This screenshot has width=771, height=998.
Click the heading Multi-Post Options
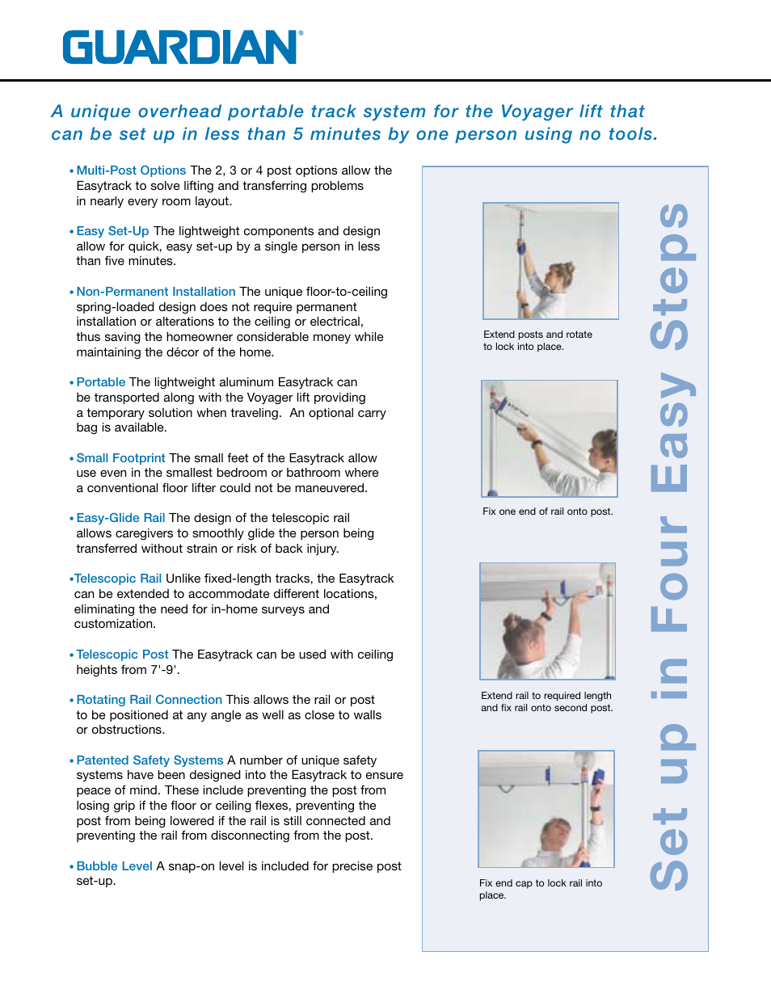point(131,171)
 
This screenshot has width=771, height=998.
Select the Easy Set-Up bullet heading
point(112,231)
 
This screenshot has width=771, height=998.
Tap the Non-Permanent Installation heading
point(155,292)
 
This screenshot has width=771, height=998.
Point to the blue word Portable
point(101,382)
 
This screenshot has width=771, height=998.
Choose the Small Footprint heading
point(120,458)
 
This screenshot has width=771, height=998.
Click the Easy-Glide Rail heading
point(120,518)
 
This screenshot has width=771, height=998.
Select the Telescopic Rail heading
point(118,579)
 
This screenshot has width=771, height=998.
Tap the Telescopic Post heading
point(122,655)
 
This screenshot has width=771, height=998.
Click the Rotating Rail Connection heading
point(149,700)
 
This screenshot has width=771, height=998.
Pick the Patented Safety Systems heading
point(150,760)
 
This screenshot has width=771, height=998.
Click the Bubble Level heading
point(114,866)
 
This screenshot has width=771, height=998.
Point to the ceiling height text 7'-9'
point(165,670)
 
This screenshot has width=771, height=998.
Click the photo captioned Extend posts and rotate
point(550,261)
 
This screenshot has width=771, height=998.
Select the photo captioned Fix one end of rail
point(550,439)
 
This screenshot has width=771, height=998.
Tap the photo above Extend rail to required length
point(547,621)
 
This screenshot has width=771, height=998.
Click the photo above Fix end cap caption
point(546,809)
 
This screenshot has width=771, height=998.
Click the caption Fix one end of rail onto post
point(547,512)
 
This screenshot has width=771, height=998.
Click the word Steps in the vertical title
point(670,276)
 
